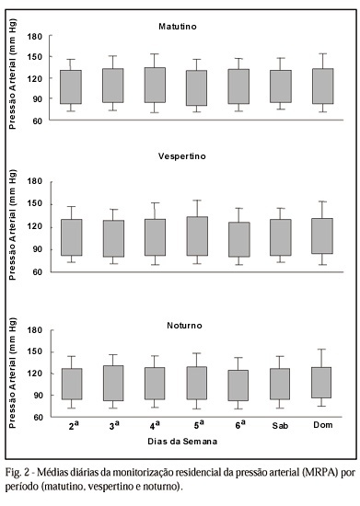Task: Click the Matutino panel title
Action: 178,27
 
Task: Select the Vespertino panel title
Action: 181,156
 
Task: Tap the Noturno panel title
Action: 184,326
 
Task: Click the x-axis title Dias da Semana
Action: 182,441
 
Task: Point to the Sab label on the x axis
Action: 280,426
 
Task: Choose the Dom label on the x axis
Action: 323,425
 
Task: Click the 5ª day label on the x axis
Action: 199,425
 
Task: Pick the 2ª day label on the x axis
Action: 74,426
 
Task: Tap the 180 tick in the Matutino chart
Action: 35,37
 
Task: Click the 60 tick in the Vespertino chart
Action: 38,272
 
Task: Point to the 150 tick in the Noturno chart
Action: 35,351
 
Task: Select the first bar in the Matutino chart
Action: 71,86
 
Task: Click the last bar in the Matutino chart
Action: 323,86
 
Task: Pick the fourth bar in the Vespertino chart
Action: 197,236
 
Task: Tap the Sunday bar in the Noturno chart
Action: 320,383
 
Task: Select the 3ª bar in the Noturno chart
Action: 113,383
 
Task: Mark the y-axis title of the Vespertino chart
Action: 12,224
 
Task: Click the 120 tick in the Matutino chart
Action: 35,78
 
